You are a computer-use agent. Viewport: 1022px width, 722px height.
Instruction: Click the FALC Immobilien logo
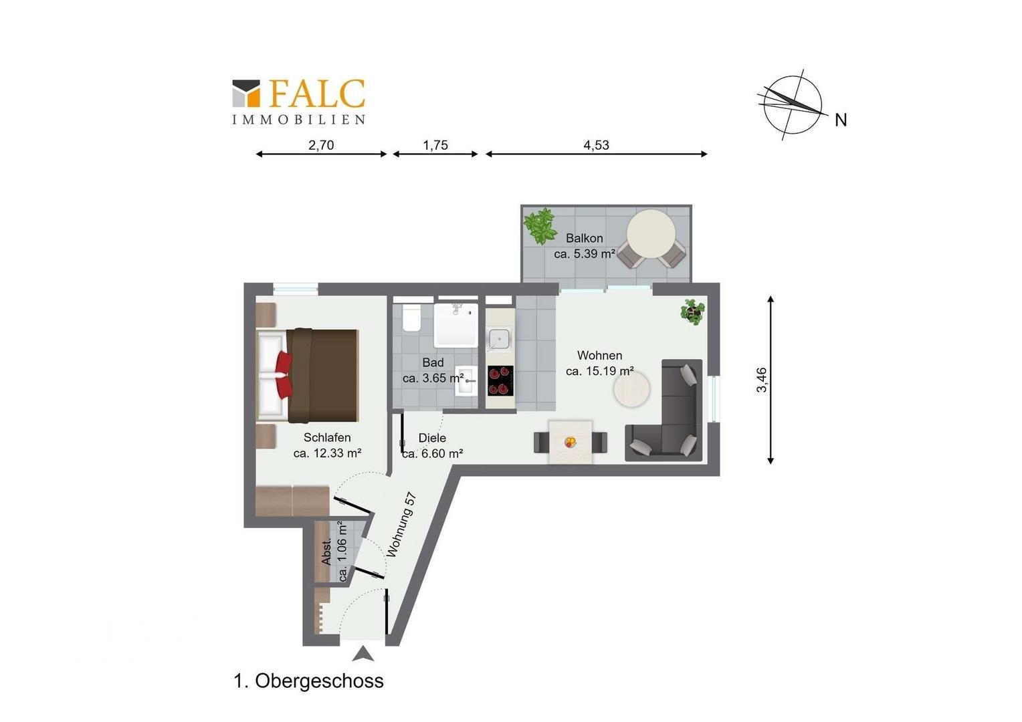[299, 102]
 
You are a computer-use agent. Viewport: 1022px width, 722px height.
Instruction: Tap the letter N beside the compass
[841, 120]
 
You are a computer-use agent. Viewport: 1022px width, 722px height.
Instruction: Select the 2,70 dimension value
[321, 145]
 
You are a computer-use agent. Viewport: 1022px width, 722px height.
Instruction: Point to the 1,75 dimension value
[435, 145]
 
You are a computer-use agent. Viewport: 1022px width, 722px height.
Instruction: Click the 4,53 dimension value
[597, 145]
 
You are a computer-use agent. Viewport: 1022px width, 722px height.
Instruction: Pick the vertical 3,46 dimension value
[761, 380]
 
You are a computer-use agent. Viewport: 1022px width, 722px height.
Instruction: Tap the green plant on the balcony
[540, 225]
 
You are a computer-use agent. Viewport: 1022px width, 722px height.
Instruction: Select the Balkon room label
[585, 238]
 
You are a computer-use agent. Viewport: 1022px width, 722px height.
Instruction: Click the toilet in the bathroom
[411, 318]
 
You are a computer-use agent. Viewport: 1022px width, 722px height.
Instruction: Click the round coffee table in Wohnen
[632, 389]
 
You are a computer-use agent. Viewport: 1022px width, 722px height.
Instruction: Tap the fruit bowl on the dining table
[571, 441]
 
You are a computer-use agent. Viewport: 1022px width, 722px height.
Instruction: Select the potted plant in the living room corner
[692, 312]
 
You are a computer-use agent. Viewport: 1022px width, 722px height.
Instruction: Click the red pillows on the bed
[284, 374]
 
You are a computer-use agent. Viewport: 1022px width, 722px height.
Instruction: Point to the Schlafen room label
[327, 437]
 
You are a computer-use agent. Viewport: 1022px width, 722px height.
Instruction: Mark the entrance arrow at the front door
[363, 654]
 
